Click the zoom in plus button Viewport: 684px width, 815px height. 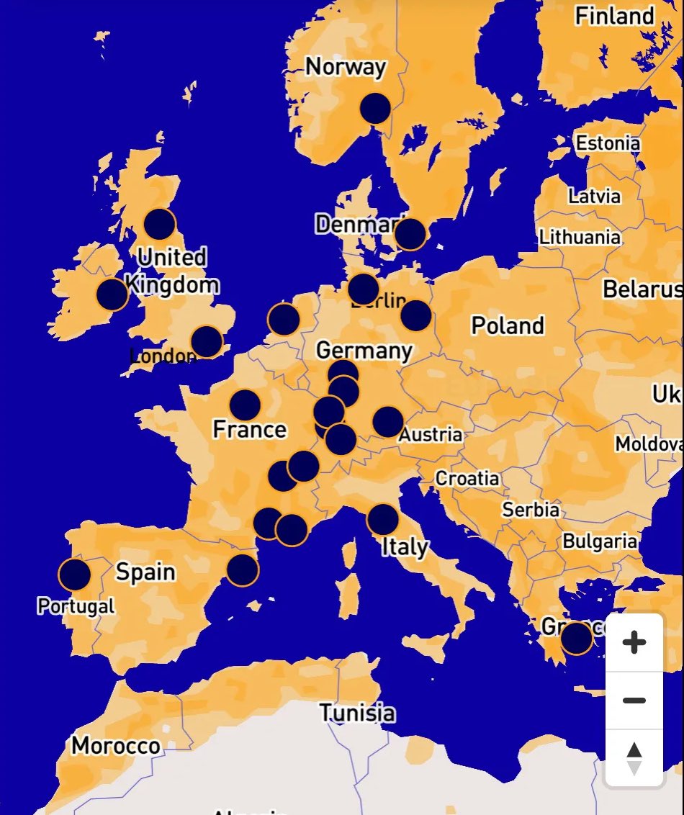634,642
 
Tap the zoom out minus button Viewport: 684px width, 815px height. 634,701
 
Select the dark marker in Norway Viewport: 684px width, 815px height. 375,108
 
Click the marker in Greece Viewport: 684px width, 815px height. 576,638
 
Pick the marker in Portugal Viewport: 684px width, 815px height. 75,575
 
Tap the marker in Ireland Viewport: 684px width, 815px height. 112,294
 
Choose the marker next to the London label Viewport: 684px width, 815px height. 207,341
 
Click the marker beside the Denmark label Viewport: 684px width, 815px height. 410,234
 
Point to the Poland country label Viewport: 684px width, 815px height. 508,325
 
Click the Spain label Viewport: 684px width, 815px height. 145,572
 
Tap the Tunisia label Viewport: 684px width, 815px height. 358,713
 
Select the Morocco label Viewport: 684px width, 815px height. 115,745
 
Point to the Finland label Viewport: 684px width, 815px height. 614,16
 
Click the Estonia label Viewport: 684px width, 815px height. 608,143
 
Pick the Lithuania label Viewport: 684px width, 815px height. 580,237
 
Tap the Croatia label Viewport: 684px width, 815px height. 467,478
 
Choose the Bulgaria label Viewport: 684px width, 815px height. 600,541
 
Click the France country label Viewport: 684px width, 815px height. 250,430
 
